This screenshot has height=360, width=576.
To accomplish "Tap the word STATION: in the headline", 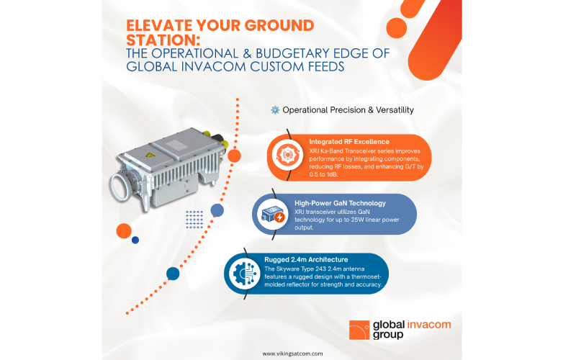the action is pyautogui.click(x=163, y=40).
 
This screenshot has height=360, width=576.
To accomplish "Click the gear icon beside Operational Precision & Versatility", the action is pyautogui.click(x=275, y=110).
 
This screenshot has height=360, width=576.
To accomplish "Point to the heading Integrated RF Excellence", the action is pyautogui.click(x=349, y=142).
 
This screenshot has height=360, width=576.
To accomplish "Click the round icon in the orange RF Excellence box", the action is pyautogui.click(x=287, y=155).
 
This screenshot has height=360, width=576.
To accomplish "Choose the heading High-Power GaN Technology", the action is pyautogui.click(x=340, y=203).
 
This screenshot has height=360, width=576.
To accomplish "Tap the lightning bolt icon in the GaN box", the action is pyautogui.click(x=279, y=217).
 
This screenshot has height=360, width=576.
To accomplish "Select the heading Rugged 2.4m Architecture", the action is pyautogui.click(x=306, y=260).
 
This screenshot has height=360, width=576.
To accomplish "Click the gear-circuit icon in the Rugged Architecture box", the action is pyautogui.click(x=244, y=274).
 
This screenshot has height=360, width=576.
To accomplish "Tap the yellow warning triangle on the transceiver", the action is pyautogui.click(x=148, y=155).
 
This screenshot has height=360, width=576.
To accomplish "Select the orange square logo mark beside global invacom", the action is pyautogui.click(x=359, y=330).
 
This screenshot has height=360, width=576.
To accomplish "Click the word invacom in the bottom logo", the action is pyautogui.click(x=428, y=325).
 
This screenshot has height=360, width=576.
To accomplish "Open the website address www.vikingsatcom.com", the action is pyautogui.click(x=292, y=354).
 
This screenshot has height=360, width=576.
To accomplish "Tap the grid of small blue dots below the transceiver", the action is pyautogui.click(x=194, y=220).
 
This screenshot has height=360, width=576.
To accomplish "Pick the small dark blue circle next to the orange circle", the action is pyautogui.click(x=135, y=240).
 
